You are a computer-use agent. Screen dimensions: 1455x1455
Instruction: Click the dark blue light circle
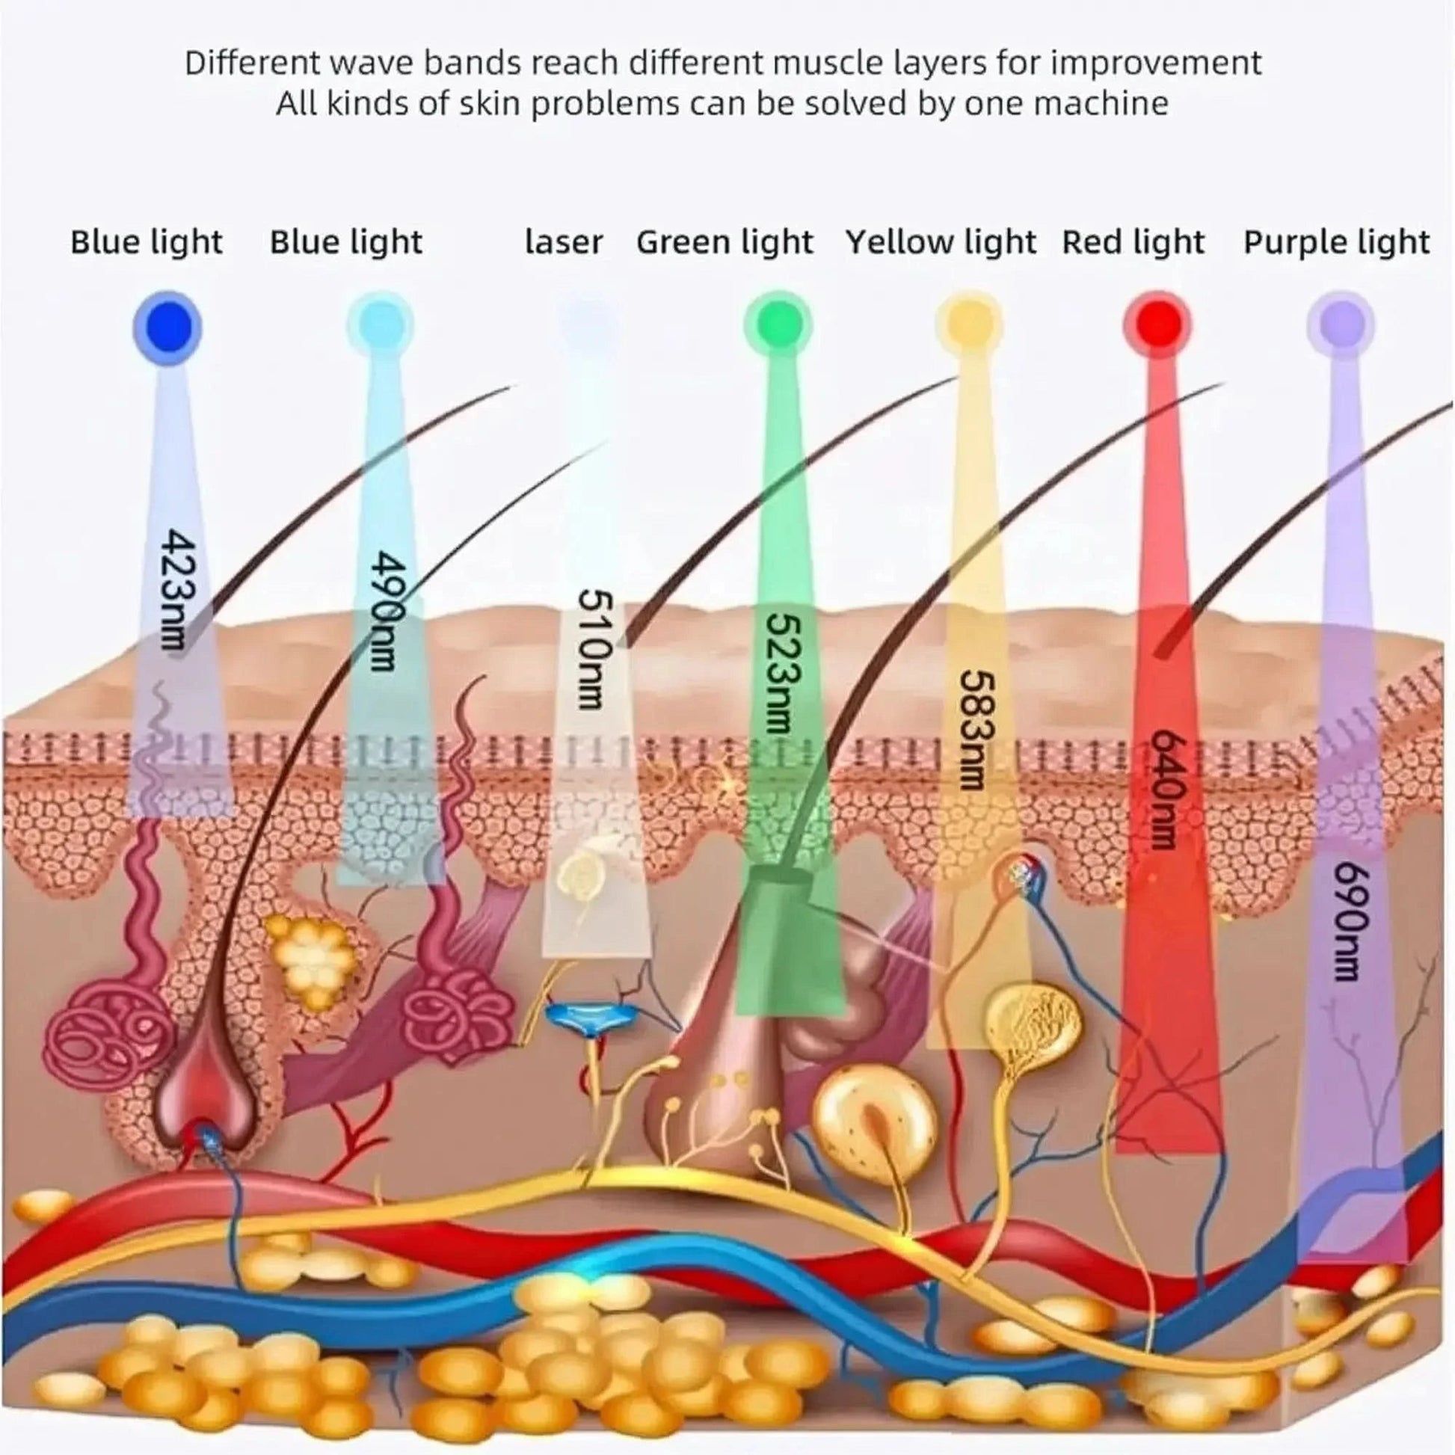tap(168, 327)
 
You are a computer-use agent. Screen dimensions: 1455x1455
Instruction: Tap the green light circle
tap(778, 324)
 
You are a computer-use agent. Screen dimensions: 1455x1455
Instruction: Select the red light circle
tap(1157, 324)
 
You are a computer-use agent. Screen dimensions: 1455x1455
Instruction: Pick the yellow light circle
tap(969, 324)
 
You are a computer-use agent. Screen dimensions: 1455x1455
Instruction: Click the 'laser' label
tap(563, 242)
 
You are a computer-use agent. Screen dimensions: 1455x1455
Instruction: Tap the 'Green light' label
tap(725, 242)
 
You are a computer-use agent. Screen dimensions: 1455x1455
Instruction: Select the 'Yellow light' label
tap(941, 242)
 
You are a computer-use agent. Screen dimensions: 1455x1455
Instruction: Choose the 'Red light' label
tap(1133, 242)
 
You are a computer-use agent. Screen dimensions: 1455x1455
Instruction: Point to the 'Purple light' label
tap(1336, 242)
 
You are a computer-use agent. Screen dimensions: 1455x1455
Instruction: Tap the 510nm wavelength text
tap(593, 649)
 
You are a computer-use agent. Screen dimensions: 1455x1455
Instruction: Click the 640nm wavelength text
tap(1163, 788)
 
